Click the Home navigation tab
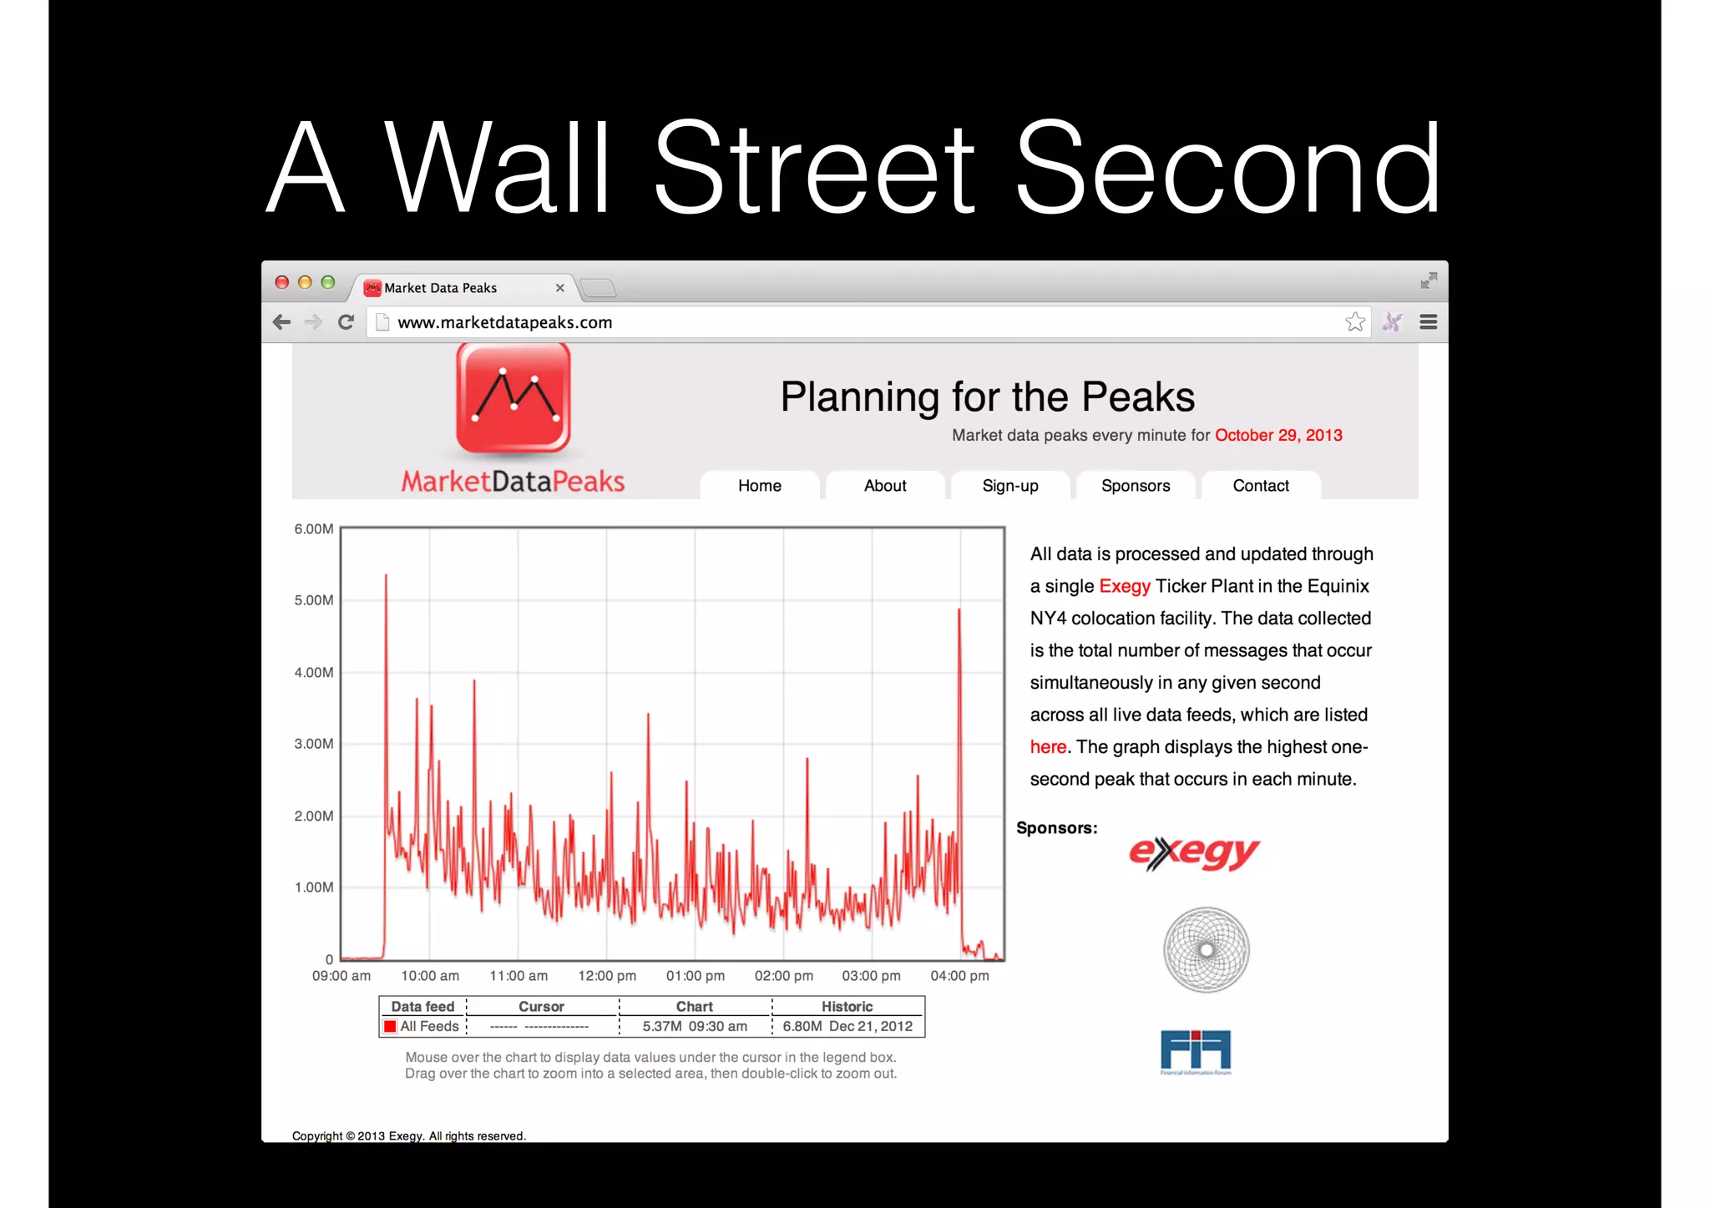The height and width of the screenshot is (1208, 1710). tap(759, 486)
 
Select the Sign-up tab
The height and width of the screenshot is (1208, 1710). tap(1009, 486)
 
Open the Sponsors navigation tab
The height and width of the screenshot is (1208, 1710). tap(1135, 486)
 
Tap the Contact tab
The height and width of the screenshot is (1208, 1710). tap(1260, 486)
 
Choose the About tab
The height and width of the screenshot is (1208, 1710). tap(884, 486)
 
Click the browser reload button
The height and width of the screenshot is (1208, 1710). tap(346, 322)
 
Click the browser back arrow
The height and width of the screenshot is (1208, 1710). tap(281, 322)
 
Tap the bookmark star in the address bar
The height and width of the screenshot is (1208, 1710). tap(1354, 322)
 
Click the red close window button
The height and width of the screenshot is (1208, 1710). tap(282, 282)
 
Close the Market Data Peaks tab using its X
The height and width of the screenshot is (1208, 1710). tap(559, 288)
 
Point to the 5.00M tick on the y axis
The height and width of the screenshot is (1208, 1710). tap(313, 600)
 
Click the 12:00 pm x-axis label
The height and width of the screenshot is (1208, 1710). tap(607, 976)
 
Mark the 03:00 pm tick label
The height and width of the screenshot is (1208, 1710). tap(871, 976)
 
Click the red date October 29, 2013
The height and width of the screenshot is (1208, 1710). tap(1277, 435)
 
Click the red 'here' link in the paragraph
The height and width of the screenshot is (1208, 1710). tap(1048, 747)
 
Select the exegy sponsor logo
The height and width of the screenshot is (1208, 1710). tap(1194, 853)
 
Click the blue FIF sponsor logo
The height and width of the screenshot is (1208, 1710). tap(1196, 1051)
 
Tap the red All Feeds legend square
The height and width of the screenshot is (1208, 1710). tap(390, 1026)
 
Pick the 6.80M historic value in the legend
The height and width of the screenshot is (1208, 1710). tap(802, 1026)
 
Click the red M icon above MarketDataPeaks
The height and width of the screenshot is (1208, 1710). tap(513, 399)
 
